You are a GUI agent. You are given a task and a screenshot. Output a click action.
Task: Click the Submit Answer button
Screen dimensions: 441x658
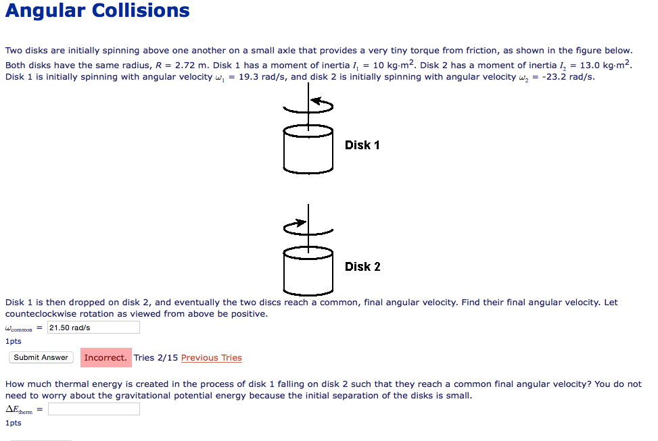(41, 357)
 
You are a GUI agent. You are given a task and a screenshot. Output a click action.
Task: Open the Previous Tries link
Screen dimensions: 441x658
(211, 358)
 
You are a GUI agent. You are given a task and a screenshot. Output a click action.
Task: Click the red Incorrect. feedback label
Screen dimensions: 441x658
(105, 357)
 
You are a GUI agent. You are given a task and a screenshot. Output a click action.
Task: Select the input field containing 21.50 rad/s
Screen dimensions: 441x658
(93, 328)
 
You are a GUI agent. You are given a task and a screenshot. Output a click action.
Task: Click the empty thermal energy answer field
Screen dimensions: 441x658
(93, 409)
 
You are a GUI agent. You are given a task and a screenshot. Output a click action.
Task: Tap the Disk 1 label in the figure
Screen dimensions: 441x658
(362, 145)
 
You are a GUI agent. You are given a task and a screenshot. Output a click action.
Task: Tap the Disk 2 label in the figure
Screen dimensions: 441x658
(362, 267)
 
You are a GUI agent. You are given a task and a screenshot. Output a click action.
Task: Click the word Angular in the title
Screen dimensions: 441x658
(44, 11)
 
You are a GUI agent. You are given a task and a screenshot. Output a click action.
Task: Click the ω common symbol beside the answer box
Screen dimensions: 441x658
(20, 329)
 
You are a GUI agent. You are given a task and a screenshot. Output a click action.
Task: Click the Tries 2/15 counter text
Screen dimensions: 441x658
(156, 358)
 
